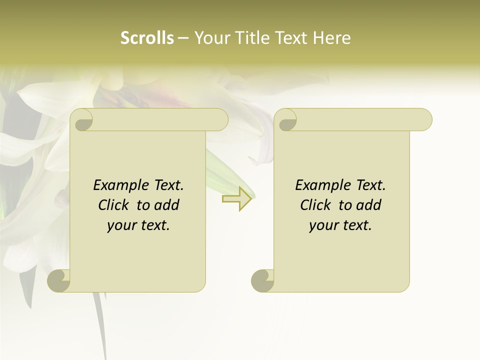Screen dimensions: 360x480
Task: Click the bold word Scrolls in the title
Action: point(147,38)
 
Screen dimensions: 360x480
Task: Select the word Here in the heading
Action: point(332,38)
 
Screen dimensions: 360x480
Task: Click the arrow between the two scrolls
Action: point(237,198)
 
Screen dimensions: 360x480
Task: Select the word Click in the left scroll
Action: point(114,205)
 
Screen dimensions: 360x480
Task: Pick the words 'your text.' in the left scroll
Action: point(138,225)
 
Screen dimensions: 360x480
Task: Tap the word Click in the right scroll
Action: point(316,205)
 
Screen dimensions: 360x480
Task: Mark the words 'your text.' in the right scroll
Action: point(340,225)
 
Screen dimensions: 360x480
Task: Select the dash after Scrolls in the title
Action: point(183,38)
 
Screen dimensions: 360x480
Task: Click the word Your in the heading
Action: point(210,38)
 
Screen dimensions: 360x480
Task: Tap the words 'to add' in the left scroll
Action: point(158,205)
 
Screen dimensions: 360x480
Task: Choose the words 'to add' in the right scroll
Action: point(360,205)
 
